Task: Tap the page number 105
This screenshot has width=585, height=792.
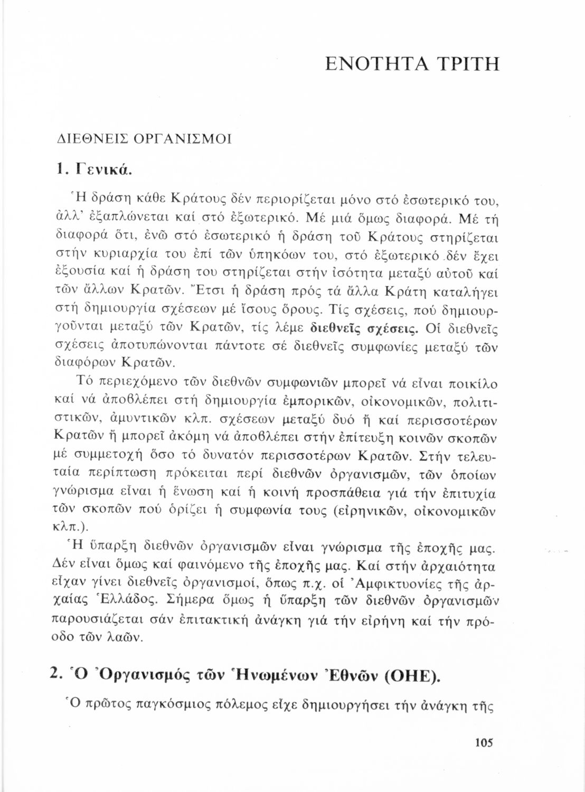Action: pyautogui.click(x=484, y=743)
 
